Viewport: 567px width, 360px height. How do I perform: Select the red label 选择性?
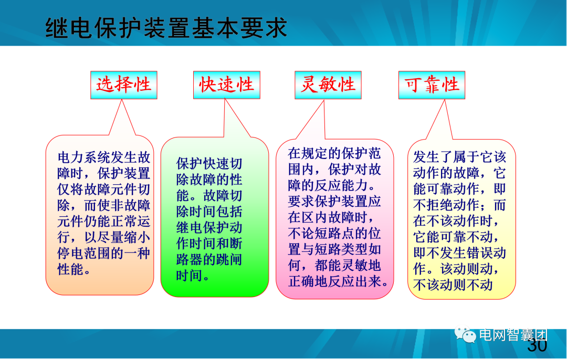coord(124,84)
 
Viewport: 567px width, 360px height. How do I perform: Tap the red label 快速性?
coord(227,84)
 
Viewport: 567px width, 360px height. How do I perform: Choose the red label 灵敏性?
coord(328,84)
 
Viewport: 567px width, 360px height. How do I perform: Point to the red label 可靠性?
coord(432,84)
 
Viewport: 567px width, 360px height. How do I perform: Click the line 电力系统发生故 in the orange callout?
coord(104,157)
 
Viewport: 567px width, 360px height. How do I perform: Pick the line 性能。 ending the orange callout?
coord(74,270)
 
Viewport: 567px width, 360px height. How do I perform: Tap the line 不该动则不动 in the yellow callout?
coord(453,285)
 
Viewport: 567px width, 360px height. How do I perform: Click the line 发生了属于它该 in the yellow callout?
coord(460,156)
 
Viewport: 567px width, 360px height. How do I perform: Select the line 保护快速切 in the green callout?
coord(209,163)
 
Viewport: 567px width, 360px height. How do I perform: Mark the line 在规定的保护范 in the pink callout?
coord(334,154)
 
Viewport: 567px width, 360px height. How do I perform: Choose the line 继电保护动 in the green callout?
coord(209,227)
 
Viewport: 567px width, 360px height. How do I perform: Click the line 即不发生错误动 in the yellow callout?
coord(460,253)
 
